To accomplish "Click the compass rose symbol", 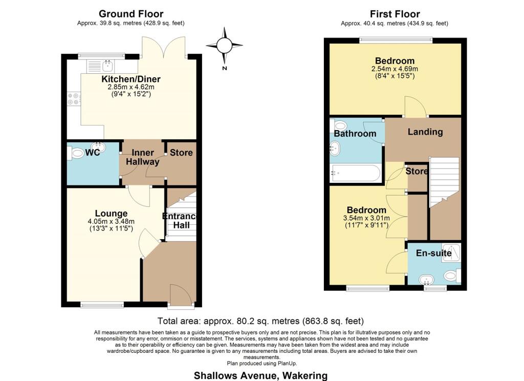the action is click(x=224, y=46).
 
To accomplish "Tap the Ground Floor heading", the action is click(x=131, y=14).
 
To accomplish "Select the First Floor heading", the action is click(x=395, y=14).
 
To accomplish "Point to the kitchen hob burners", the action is click(x=74, y=99).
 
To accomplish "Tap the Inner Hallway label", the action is click(x=143, y=157).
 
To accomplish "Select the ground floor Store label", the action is click(x=181, y=153).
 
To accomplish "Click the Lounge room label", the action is click(x=111, y=214).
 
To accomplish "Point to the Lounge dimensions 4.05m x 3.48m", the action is click(x=111, y=221).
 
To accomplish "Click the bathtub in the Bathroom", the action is click(x=355, y=173).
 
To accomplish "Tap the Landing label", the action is click(x=425, y=132).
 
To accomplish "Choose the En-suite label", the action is click(x=434, y=253).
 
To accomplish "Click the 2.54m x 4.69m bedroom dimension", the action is click(x=395, y=69).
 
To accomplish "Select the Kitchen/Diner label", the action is click(x=131, y=79).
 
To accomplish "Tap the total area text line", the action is click(x=260, y=321).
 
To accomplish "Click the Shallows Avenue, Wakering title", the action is click(x=260, y=375).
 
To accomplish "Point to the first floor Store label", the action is click(x=417, y=171).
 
